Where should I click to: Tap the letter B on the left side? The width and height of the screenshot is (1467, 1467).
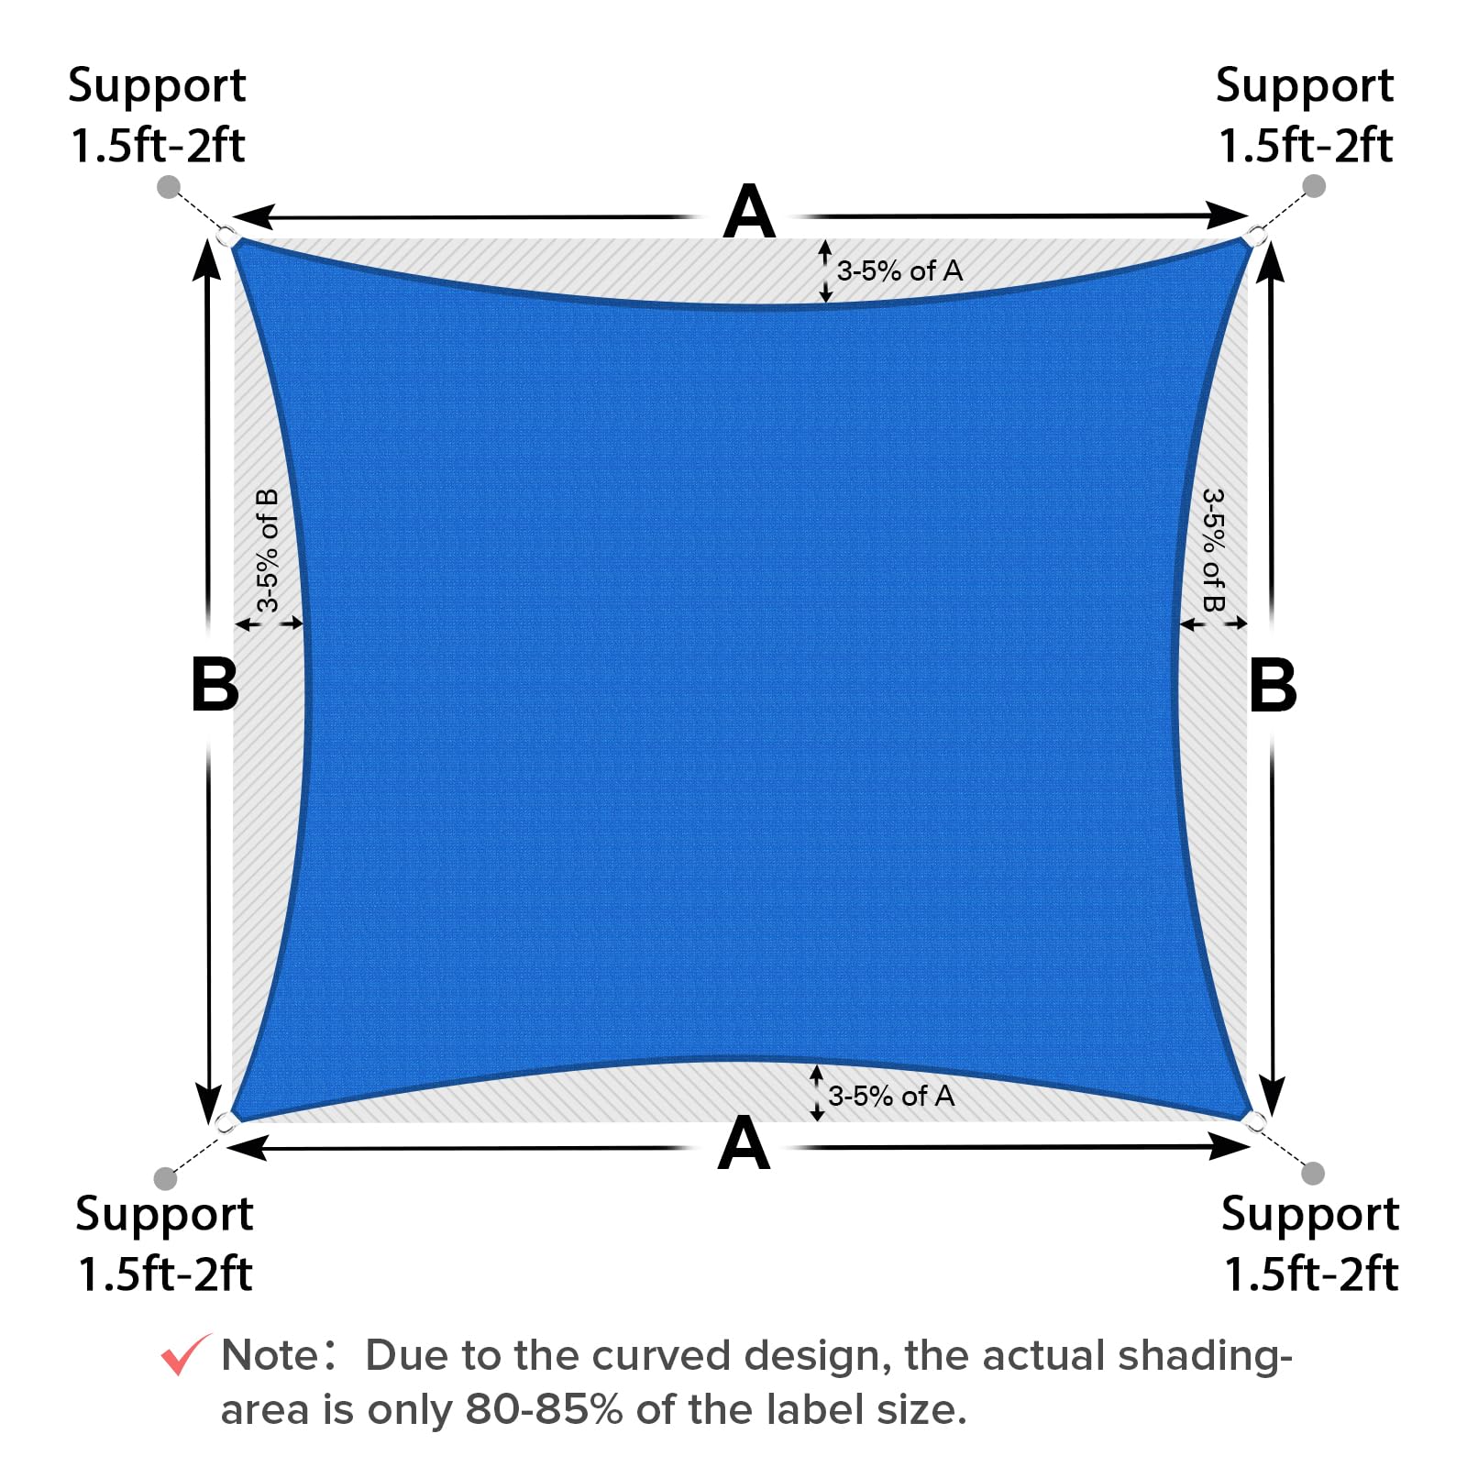[x=215, y=685]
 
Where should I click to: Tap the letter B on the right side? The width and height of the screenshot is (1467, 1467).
[x=1273, y=685]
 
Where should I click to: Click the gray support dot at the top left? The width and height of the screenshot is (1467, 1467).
[x=169, y=187]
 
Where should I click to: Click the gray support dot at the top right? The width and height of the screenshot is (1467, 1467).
[x=1314, y=186]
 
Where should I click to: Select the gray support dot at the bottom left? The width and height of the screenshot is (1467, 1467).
[x=165, y=1177]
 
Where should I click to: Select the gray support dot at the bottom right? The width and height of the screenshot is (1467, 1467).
[x=1313, y=1173]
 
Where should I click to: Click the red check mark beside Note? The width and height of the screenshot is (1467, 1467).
[x=185, y=1354]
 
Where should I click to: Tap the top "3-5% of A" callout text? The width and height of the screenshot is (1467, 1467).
[x=899, y=270]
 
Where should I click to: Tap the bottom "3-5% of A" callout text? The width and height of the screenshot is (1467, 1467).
[x=891, y=1096]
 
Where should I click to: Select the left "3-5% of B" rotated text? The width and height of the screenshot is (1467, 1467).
[x=267, y=550]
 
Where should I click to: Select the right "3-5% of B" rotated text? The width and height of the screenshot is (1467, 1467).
[x=1213, y=550]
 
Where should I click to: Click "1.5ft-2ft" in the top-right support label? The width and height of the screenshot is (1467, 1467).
[x=1305, y=146]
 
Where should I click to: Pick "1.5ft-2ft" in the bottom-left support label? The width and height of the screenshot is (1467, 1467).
[x=165, y=1274]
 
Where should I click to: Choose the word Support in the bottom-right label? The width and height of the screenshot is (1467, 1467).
[x=1309, y=1215]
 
